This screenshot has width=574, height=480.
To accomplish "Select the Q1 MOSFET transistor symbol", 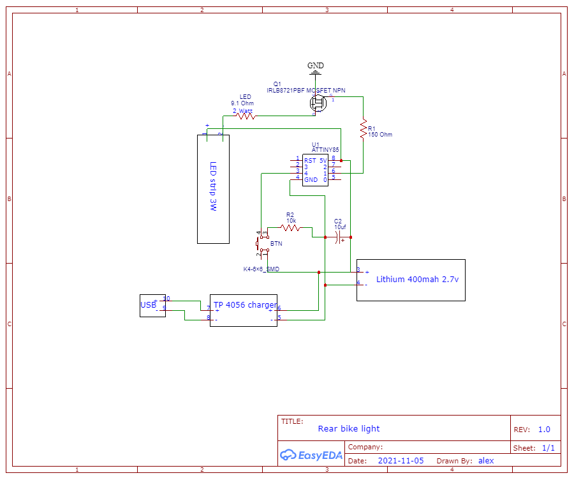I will tap(319, 103).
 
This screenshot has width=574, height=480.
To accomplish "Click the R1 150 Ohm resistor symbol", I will tap(364, 128).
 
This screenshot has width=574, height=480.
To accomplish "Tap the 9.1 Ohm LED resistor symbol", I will tap(246, 116).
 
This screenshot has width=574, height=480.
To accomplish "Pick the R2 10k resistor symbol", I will tap(290, 227).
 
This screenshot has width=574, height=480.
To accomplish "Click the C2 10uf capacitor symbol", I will tap(339, 237).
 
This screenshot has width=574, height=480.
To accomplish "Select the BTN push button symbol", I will tap(260, 244).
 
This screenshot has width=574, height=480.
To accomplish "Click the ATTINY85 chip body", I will tap(315, 170).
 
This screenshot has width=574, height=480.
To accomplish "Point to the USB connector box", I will tap(152, 305).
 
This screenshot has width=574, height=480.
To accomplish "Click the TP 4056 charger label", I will tap(245, 305).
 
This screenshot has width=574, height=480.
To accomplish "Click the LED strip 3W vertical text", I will tap(213, 186).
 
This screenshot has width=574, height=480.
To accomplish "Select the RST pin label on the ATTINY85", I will tap(310, 160).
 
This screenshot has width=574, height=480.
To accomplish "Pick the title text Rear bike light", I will tap(348, 429).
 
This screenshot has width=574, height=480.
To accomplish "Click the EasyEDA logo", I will tap(311, 455).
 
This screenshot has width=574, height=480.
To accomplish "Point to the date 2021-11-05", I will tap(401, 460).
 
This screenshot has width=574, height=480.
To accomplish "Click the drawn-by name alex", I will tap(486, 460).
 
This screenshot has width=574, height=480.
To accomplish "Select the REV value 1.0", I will tap(543, 430).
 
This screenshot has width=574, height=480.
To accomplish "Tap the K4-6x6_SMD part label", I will tap(261, 269).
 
